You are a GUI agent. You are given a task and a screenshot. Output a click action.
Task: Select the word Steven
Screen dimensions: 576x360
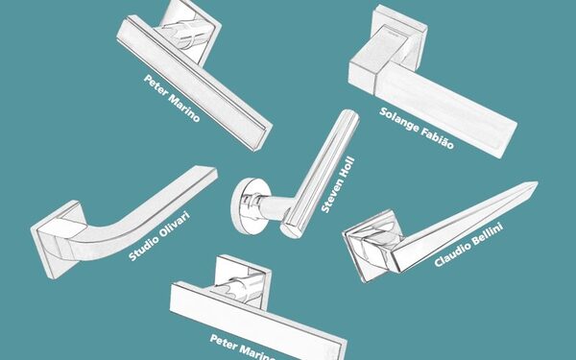[329, 196]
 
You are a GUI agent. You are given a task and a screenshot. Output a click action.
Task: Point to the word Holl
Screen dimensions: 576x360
[348, 167]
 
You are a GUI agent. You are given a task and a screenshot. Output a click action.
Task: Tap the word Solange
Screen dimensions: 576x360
[399, 120]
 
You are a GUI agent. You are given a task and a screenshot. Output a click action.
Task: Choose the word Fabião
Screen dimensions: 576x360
[438, 138]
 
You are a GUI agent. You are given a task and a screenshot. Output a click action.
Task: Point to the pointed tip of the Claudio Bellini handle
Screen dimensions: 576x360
[538, 182]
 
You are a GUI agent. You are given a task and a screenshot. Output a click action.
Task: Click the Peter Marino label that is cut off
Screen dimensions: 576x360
[243, 348]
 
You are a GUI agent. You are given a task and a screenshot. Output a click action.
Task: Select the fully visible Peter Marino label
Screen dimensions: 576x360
[172, 98]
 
